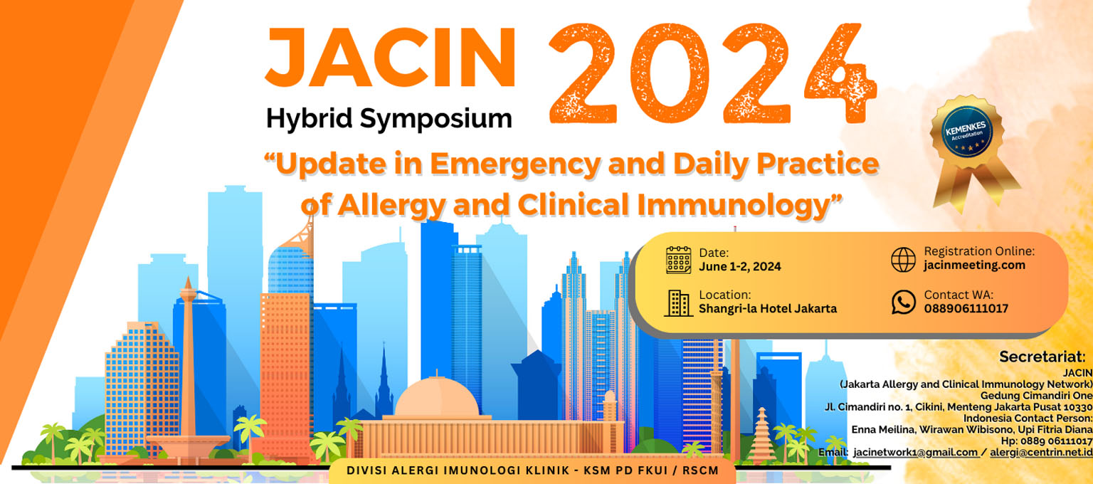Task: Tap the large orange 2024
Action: pos(713,73)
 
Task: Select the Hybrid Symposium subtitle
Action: pos(389,119)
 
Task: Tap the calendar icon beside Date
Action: pos(679,260)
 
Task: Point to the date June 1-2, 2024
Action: pos(740,266)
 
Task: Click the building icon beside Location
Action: pos(679,302)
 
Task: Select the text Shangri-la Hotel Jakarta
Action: pos(768,308)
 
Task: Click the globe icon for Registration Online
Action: pos(903,259)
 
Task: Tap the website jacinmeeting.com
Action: pos(974,265)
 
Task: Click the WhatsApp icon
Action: pos(903,302)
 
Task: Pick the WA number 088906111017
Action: pos(966,308)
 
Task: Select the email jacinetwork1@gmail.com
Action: pos(915,453)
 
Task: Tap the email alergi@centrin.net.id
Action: pos(1041,453)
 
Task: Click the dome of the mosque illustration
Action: pos(437,398)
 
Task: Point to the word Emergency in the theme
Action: pos(515,164)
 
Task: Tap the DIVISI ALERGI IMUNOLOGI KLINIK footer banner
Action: pos(532,470)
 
